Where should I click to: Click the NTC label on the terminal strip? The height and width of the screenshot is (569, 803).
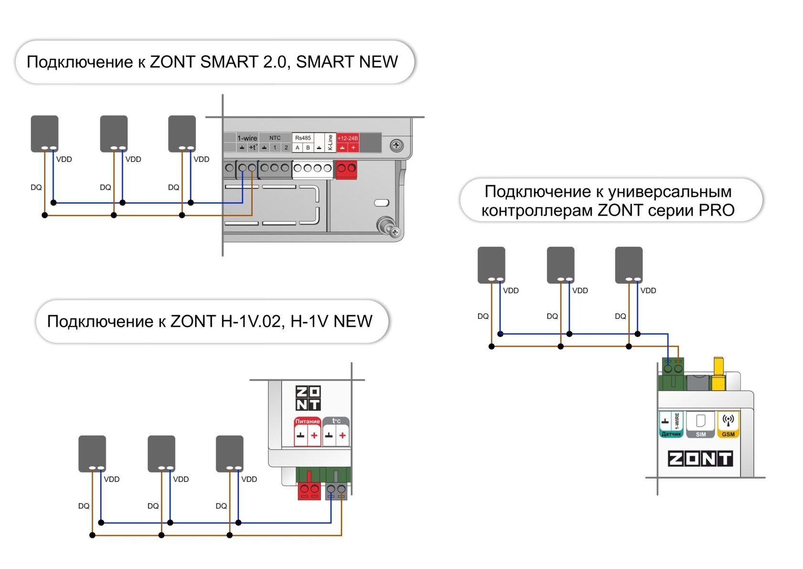click(275, 138)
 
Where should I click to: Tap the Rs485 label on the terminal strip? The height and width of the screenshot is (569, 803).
click(303, 138)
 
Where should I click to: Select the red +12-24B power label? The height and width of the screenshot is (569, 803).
click(348, 138)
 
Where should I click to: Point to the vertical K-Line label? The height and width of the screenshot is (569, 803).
click(330, 142)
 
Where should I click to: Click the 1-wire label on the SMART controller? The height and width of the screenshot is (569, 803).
click(247, 138)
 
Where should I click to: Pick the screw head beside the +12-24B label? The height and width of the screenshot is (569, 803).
click(396, 145)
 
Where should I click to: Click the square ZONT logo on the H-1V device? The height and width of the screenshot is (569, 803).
click(308, 398)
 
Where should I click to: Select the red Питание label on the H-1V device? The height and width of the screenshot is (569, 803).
click(307, 421)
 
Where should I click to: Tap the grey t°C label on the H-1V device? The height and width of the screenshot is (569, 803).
click(336, 421)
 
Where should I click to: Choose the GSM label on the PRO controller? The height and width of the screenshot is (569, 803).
click(728, 435)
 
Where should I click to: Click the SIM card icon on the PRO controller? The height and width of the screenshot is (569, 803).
click(701, 421)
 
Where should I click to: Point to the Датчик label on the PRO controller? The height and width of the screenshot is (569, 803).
click(671, 435)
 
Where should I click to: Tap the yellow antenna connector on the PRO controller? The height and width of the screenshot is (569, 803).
click(718, 373)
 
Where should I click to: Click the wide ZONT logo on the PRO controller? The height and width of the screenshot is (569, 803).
click(700, 459)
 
